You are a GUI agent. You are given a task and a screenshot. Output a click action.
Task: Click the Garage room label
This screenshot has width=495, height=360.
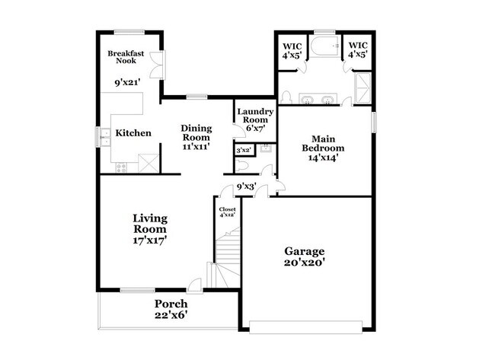pos(305,251)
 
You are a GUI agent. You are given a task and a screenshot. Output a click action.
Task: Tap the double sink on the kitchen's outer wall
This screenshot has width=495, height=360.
pos(104,136)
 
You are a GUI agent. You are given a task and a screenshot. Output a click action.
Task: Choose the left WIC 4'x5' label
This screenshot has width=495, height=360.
pos(291,49)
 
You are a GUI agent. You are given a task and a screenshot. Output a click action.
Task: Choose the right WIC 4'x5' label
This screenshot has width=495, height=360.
pos(358,49)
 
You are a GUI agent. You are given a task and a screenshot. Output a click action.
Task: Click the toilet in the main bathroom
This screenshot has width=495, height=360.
pos(287,98)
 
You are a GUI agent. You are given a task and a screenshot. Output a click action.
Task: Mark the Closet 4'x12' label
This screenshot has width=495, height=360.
pos(227,212)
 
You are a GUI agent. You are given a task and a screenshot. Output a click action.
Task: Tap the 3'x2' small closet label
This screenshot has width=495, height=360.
pos(244,151)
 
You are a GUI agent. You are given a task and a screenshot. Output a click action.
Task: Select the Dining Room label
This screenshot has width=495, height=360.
pos(195,137)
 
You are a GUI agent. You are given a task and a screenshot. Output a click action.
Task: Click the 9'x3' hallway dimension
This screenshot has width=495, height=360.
pos(246,186)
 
